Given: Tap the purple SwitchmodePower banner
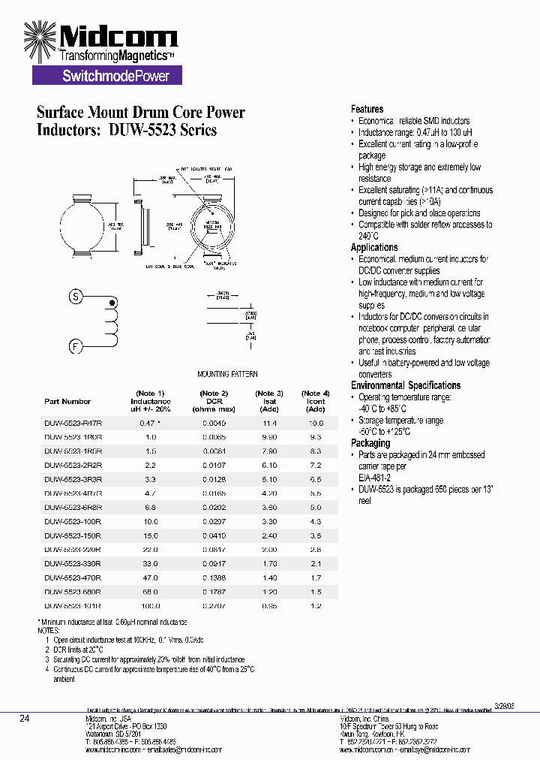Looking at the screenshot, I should click(106, 75).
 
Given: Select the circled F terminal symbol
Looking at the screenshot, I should click(75, 346).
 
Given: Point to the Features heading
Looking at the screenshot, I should click(367, 109).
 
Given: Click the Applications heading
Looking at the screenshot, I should click(374, 247).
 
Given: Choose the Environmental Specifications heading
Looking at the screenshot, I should click(406, 385).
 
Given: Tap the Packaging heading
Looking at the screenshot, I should click(370, 443).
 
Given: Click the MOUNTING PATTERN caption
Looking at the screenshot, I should click(227, 374).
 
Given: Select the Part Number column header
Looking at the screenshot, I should click(67, 402).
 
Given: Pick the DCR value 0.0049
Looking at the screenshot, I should click(213, 423).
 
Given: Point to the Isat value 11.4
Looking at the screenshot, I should click(269, 423).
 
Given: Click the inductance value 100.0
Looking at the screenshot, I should click(150, 605).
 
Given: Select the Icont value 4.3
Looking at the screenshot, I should click(316, 521).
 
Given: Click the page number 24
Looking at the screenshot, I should click(24, 719).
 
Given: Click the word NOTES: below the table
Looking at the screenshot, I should click(48, 630).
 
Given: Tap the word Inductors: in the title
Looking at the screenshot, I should click(69, 130).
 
